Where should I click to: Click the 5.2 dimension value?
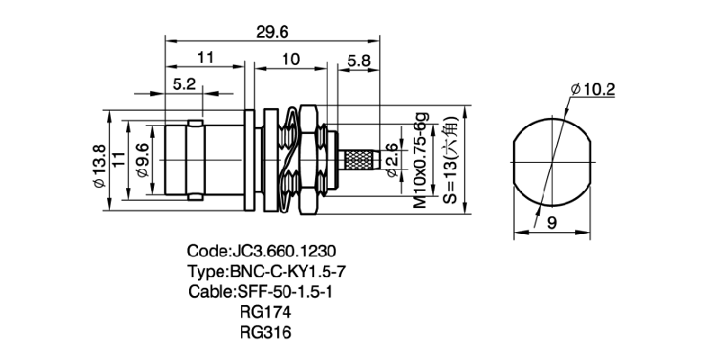click(x=184, y=84)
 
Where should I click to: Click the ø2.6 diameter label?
click(x=391, y=160)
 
